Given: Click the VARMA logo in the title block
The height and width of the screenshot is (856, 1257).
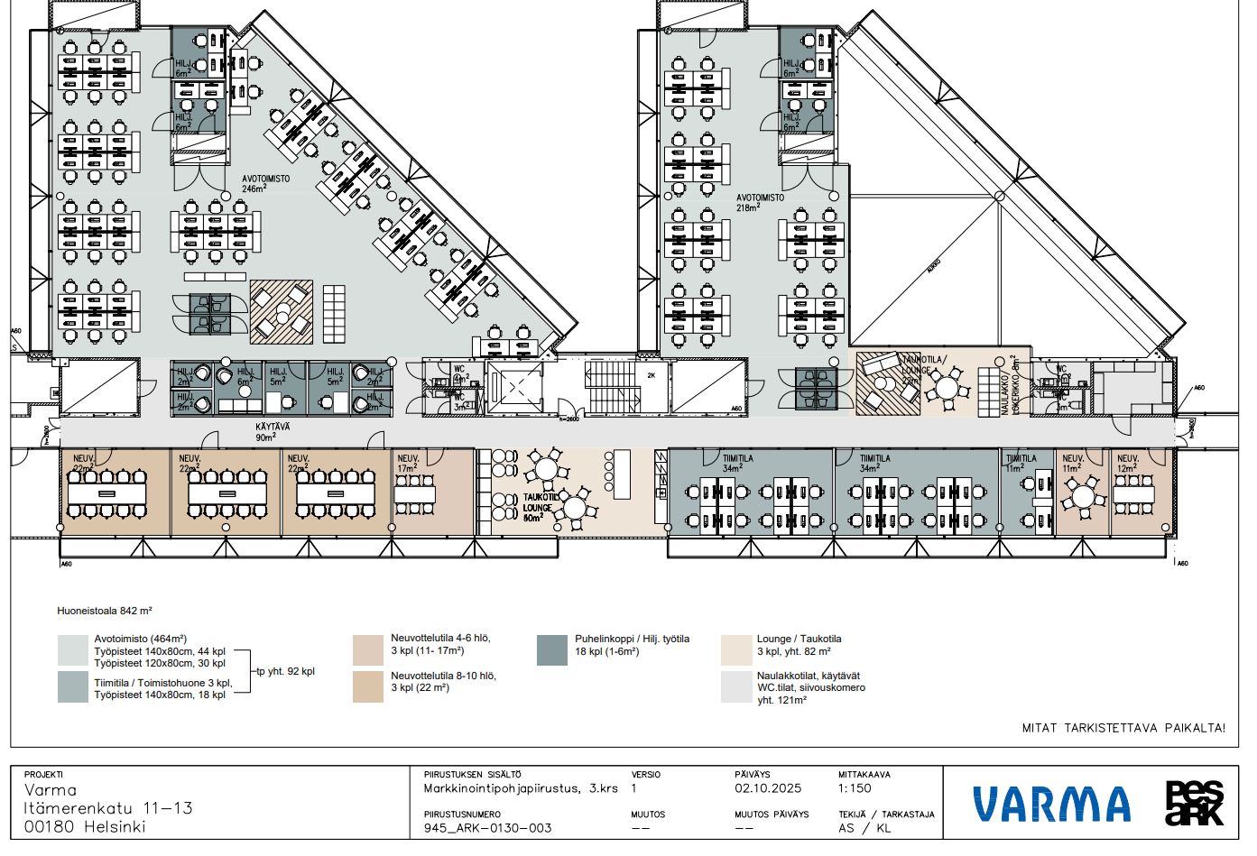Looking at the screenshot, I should (1051, 804).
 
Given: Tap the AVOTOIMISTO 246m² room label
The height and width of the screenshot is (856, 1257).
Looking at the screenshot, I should (265, 184).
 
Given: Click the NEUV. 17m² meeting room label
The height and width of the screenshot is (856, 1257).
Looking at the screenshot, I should (408, 464).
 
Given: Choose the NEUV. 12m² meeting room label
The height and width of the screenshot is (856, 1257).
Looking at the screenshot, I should (1128, 464).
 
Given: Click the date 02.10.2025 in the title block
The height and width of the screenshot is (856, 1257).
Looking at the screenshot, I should (767, 788).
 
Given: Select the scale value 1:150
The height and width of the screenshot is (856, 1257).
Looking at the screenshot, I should (855, 788).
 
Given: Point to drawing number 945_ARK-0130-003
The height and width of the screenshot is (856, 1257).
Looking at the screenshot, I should (487, 828).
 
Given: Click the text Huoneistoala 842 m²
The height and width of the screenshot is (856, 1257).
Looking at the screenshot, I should (105, 611).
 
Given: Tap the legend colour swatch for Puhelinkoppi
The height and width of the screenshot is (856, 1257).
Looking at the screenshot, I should (552, 650).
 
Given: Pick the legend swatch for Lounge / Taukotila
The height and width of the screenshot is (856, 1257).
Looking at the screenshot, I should (736, 650).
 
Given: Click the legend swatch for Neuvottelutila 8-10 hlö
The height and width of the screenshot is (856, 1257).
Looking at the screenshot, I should (368, 686).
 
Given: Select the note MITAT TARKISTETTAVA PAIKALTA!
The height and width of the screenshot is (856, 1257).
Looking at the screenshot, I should (1123, 727).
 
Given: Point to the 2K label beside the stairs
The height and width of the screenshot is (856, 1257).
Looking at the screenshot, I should (651, 375).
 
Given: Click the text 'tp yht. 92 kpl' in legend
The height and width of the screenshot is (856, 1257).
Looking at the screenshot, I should (285, 671).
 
